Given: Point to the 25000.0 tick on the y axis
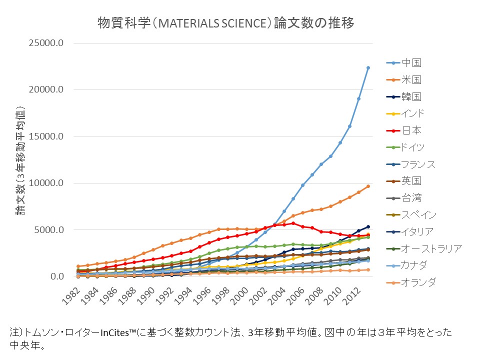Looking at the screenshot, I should (x=45, y=43).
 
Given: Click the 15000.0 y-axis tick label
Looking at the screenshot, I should (x=45, y=136).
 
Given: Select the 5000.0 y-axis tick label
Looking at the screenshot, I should (x=47, y=230).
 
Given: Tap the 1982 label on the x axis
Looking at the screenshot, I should (x=74, y=296).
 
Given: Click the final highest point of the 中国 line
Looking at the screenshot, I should (x=368, y=67).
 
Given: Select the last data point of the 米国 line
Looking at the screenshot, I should (x=368, y=186).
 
